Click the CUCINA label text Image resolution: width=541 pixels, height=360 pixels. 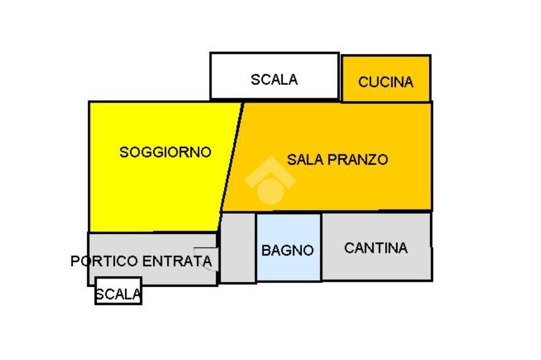(386, 82)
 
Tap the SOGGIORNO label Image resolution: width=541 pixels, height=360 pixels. (165, 153)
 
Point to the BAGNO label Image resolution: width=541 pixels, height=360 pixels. (288, 250)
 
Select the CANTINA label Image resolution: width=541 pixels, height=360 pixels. (376, 248)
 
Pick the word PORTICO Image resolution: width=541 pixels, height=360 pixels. (104, 261)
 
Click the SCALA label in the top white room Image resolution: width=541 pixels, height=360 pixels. (274, 80)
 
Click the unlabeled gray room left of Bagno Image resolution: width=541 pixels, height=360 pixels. (238, 247)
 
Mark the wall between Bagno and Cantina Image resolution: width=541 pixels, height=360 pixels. (321, 247)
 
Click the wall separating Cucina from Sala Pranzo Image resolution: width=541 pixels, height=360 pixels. (386, 101)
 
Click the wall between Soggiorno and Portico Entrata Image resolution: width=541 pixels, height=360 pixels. (153, 232)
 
